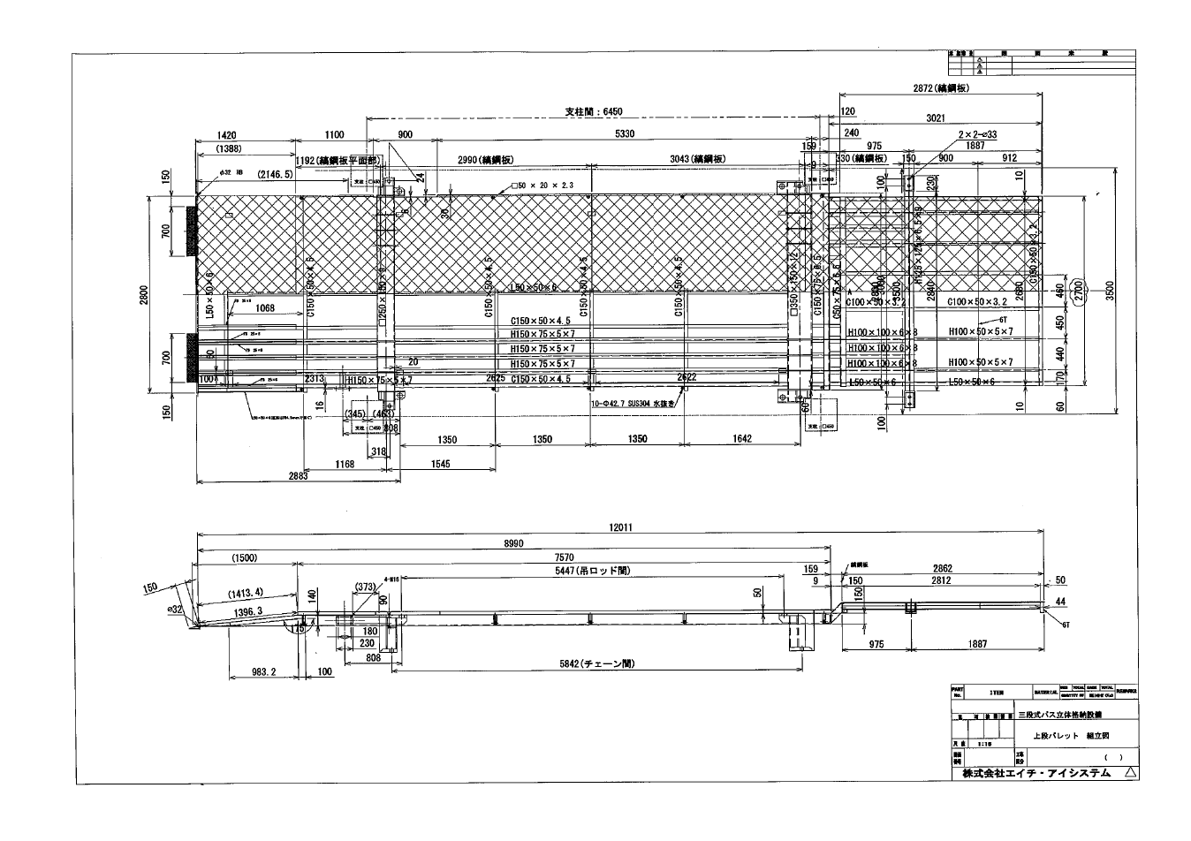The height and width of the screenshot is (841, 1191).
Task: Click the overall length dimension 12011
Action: (619, 527)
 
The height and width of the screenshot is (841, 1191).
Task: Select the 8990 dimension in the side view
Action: (512, 544)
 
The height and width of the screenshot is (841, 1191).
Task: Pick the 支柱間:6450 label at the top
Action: (594, 112)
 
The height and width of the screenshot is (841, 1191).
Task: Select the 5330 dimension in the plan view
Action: (624, 133)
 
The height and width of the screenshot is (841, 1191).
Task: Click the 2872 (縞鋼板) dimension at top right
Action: (942, 88)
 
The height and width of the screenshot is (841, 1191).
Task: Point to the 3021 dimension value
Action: (936, 117)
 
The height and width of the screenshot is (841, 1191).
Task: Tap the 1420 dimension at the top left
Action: (226, 135)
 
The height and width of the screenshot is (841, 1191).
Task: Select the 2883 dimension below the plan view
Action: (298, 476)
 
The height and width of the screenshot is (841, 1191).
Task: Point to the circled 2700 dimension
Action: (1077, 290)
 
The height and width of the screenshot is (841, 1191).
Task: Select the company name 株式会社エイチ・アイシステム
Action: (1030, 773)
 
